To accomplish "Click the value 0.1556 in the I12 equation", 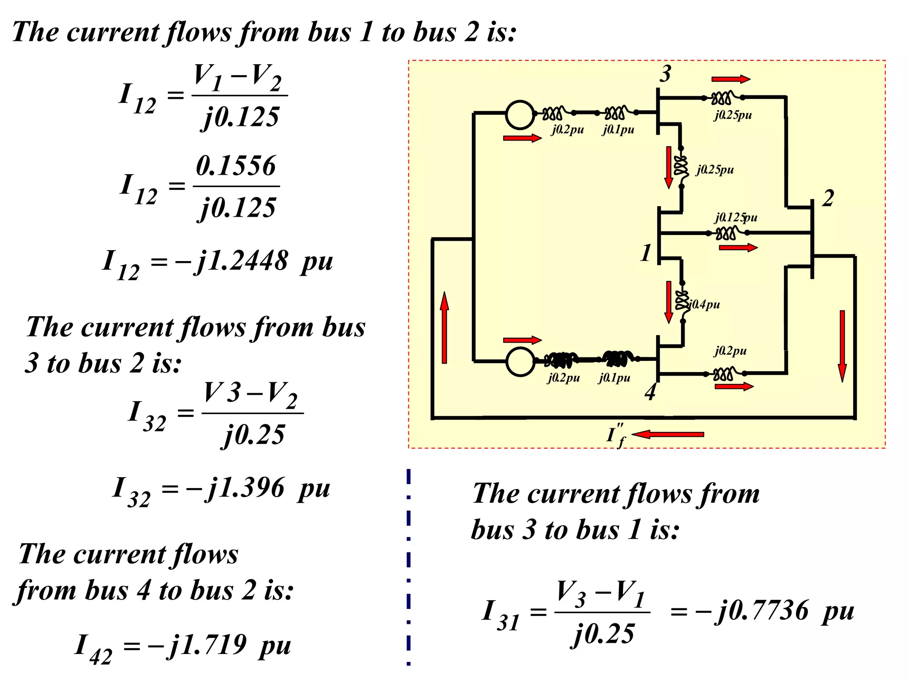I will tap(236, 166).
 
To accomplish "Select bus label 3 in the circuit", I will tap(665, 74).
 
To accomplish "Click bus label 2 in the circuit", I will tap(828, 198).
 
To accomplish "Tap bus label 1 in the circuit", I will tap(646, 253).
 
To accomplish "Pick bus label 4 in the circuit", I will tap(650, 392).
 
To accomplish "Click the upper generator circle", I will tap(520, 114).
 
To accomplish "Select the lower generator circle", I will tap(520, 361).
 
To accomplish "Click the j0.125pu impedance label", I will tap(736, 217).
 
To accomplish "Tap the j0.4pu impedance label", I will tap(705, 304).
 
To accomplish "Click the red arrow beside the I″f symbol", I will tap(668, 434).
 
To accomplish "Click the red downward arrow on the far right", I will tap(842, 346).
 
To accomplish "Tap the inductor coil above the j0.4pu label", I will tap(682, 300).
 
